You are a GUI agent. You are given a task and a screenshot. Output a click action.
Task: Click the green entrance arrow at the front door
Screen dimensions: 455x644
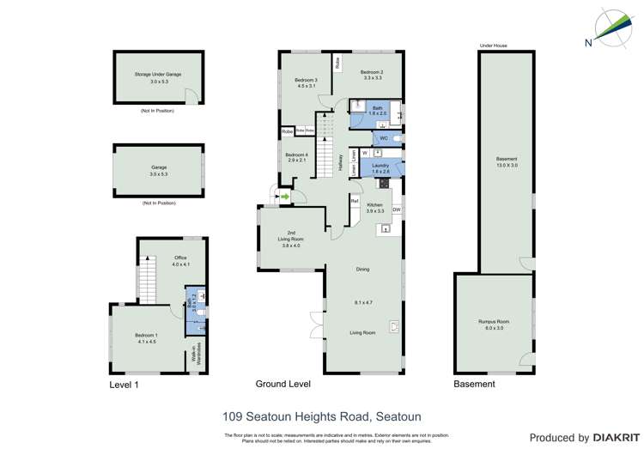coord(285,197)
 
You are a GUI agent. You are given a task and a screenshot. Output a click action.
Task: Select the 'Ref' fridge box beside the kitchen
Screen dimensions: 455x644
coord(354,201)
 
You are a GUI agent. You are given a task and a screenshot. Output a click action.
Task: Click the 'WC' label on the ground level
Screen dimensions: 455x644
coord(384,137)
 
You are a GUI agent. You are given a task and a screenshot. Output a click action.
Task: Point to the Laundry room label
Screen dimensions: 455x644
coord(380,165)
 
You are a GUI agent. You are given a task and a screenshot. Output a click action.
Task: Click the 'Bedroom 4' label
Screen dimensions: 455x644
coord(296,155)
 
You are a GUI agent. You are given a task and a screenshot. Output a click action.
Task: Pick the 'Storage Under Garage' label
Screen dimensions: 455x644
coord(158,75)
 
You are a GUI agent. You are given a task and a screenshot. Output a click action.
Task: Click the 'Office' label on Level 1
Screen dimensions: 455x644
coord(180,258)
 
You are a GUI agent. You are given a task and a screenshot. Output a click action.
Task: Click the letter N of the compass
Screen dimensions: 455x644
coord(587,41)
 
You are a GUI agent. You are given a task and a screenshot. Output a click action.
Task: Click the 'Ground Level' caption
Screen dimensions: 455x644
coord(283,384)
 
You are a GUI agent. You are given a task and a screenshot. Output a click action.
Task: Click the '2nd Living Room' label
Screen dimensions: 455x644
coord(291,237)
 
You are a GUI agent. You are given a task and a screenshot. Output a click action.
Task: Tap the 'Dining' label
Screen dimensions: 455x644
coord(362,270)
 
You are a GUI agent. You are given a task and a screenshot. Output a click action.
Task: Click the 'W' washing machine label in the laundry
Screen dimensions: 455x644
coord(365,153)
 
